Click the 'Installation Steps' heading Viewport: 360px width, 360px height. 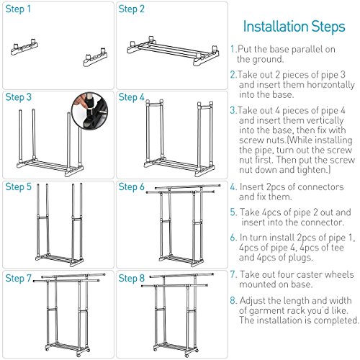pos(294,27)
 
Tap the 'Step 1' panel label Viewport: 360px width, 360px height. pos(18,9)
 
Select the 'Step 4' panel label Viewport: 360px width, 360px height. pos(132,97)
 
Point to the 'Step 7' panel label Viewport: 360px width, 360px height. pos(19,279)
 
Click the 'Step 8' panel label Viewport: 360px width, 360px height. pos(132,279)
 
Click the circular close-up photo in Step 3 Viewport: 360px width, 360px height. pos(90,111)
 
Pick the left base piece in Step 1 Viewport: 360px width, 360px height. pos(24,47)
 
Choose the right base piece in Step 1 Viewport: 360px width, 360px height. pos(96,57)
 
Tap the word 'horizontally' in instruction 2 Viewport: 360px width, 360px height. pos(330,85)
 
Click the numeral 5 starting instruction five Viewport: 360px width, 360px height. pos(233,212)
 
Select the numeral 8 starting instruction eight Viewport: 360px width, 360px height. pos(233,301)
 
